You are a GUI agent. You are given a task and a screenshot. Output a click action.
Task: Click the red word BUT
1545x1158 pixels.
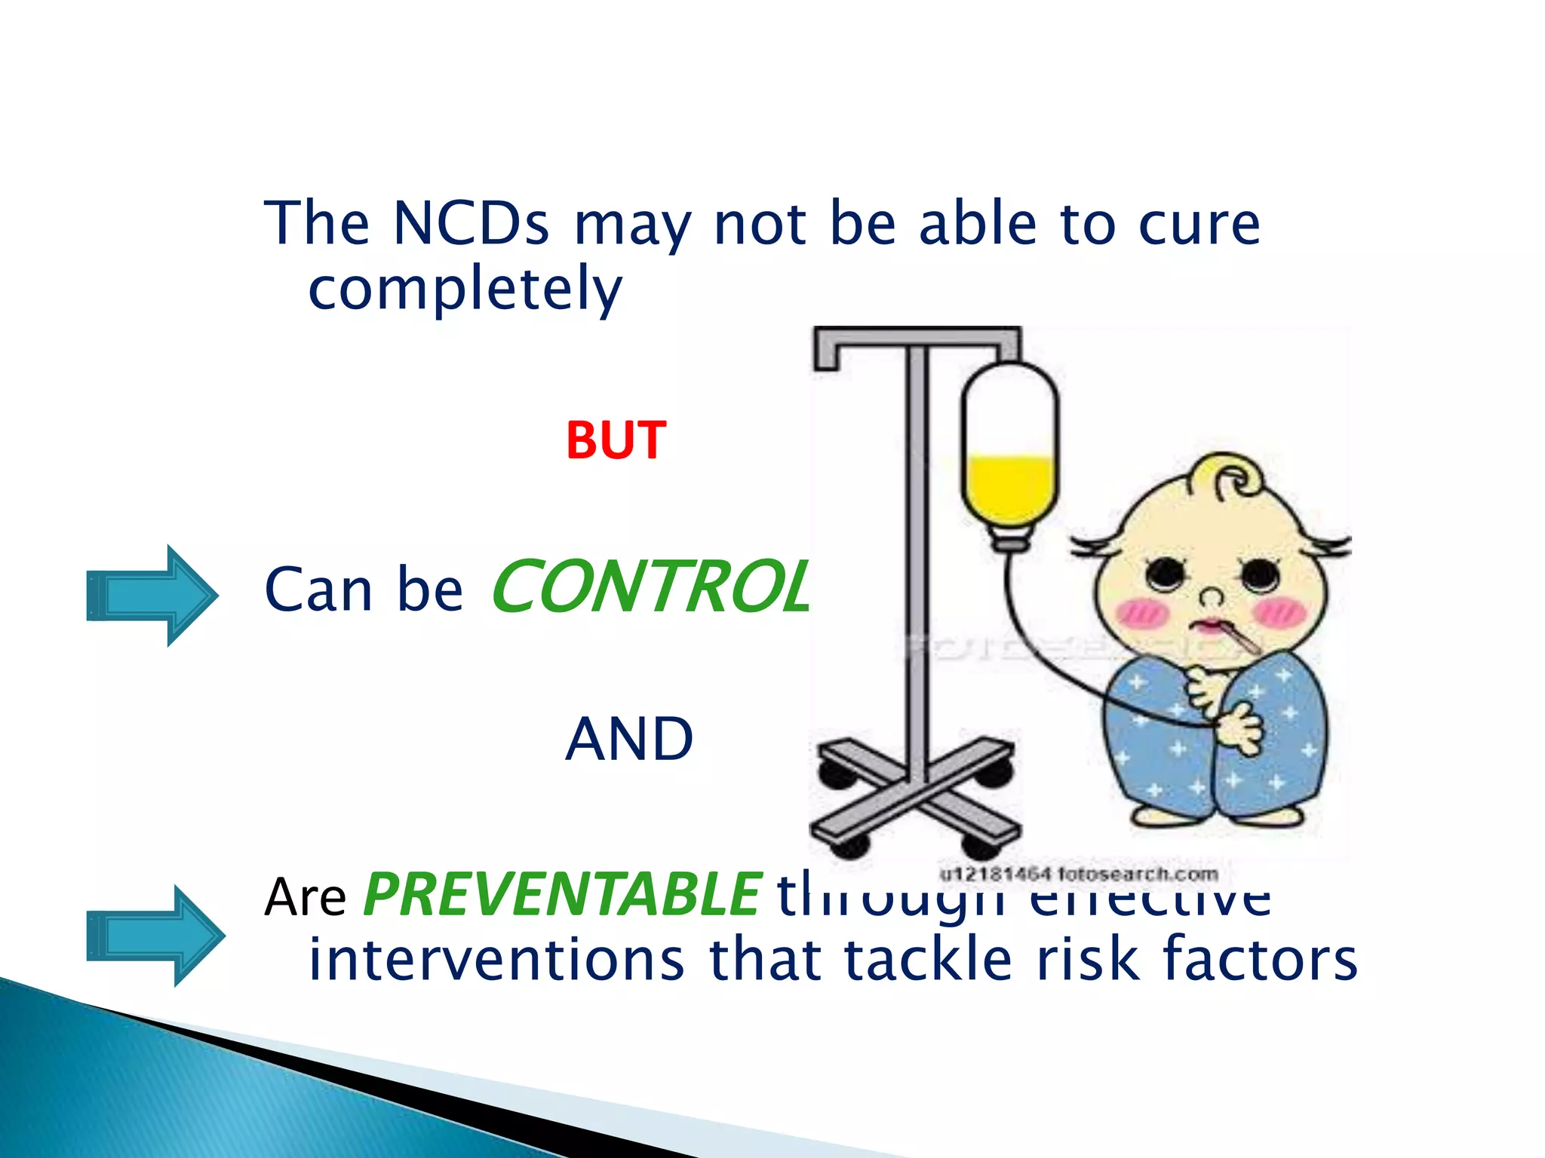[616, 440]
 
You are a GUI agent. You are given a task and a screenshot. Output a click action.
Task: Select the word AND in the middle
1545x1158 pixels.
[629, 740]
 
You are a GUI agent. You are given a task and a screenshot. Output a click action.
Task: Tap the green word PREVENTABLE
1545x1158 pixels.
[562, 895]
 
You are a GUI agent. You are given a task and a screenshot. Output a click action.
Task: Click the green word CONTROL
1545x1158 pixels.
[649, 587]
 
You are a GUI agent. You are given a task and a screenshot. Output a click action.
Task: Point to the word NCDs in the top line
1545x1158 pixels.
[471, 223]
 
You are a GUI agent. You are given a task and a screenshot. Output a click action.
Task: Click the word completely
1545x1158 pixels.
[465, 289]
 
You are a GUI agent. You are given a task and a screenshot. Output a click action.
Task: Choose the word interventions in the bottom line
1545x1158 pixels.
[496, 959]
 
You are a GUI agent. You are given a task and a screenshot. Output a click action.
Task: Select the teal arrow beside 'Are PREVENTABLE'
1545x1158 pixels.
[155, 936]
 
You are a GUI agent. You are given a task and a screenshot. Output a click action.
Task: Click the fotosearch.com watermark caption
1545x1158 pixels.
[1078, 875]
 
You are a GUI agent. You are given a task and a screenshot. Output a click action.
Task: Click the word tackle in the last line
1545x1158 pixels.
[927, 959]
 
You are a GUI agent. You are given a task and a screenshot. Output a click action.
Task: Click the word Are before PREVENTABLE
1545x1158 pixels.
[305, 897]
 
